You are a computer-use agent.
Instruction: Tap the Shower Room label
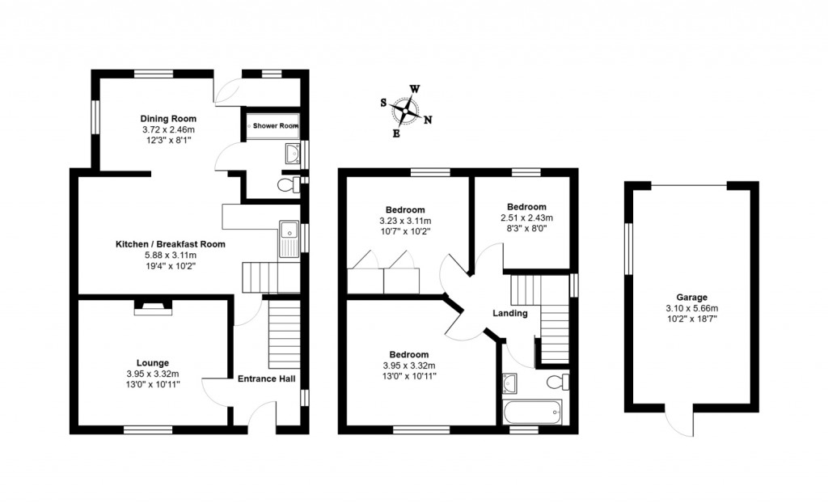click(x=275, y=126)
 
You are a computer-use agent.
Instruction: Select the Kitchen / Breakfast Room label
click(x=170, y=243)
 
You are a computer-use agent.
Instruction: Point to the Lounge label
click(x=153, y=362)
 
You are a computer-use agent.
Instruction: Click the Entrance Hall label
click(x=266, y=378)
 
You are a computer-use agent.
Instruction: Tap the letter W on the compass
click(x=414, y=89)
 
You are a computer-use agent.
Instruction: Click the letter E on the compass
click(x=396, y=133)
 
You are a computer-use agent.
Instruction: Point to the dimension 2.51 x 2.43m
click(x=526, y=218)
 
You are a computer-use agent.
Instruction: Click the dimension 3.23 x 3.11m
click(x=405, y=221)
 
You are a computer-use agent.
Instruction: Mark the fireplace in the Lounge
click(x=152, y=306)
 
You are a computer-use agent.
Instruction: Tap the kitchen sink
click(x=289, y=239)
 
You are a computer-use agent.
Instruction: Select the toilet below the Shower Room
click(x=285, y=186)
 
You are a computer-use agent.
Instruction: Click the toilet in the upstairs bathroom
click(x=556, y=381)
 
